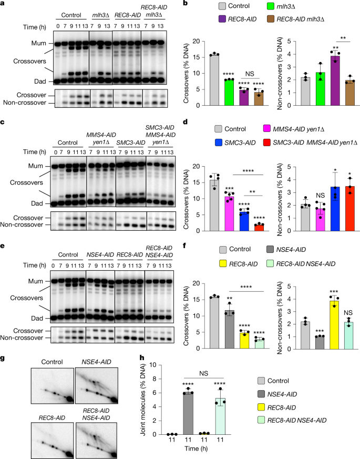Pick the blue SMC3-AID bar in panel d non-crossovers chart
(x=316, y=209)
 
